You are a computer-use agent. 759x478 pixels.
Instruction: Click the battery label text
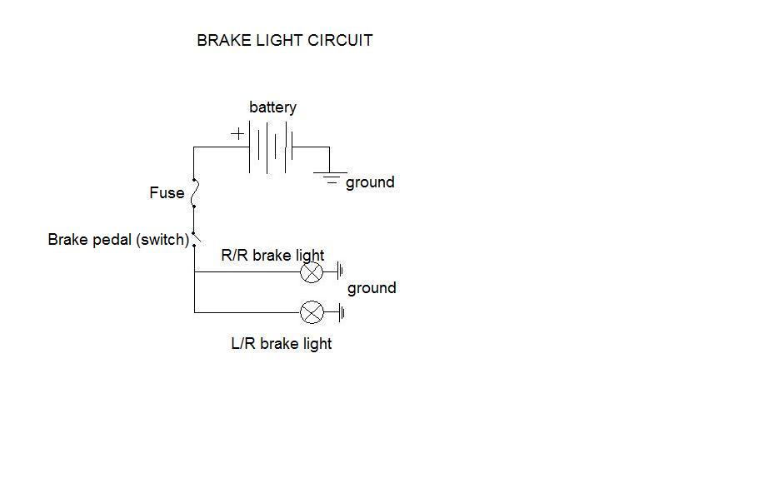pyautogui.click(x=272, y=107)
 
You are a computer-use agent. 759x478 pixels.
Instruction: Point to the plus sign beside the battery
pyautogui.click(x=238, y=133)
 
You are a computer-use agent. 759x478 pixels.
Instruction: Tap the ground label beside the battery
pyautogui.click(x=370, y=182)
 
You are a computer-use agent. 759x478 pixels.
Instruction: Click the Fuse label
pyautogui.click(x=167, y=193)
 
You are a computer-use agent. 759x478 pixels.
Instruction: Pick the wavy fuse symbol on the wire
pyautogui.click(x=194, y=193)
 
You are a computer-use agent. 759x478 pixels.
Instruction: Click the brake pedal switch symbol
pyautogui.click(x=195, y=239)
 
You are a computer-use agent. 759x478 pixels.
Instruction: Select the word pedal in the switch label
pyautogui.click(x=112, y=240)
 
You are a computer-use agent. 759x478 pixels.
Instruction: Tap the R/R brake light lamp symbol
pyautogui.click(x=311, y=271)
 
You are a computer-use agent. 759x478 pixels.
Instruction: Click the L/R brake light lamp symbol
pyautogui.click(x=311, y=313)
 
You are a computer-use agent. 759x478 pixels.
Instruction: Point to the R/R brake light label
pyautogui.click(x=272, y=256)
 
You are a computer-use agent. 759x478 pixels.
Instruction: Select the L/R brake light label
pyautogui.click(x=281, y=343)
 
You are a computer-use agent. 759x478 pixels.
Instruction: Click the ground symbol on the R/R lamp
pyautogui.click(x=340, y=271)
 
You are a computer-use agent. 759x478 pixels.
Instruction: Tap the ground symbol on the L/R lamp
pyautogui.click(x=340, y=313)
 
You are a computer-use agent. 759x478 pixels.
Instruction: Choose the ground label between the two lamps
pyautogui.click(x=372, y=288)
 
